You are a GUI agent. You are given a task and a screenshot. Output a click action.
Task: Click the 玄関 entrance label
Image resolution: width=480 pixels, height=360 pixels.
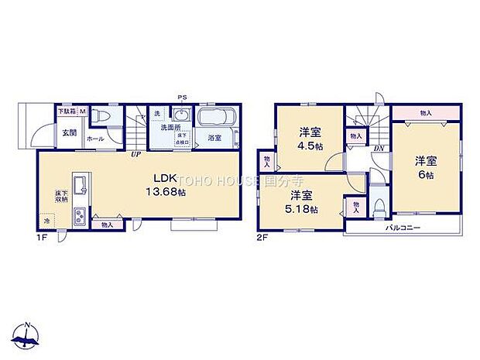point(70,132)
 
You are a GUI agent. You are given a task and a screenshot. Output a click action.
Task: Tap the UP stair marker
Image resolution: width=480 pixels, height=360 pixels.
point(135,153)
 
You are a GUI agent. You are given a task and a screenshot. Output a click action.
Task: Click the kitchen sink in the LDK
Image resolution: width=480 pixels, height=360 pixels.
point(79,182)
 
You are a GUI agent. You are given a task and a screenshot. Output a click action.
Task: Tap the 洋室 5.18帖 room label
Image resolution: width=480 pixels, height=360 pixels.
point(301,201)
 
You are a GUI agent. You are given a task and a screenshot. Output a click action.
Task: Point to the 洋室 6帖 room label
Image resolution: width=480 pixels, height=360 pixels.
point(425,166)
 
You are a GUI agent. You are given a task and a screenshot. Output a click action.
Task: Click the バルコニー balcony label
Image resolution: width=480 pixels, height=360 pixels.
point(403,228)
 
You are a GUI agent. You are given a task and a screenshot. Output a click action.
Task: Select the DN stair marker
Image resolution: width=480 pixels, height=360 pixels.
point(379,148)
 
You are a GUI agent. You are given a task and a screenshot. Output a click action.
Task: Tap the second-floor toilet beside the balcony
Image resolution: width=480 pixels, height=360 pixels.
point(379,207)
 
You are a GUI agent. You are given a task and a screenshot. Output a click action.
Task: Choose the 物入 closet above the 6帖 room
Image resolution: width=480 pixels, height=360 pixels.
point(426,113)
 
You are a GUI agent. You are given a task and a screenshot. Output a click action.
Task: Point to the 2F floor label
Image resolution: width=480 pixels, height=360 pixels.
point(262,238)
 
